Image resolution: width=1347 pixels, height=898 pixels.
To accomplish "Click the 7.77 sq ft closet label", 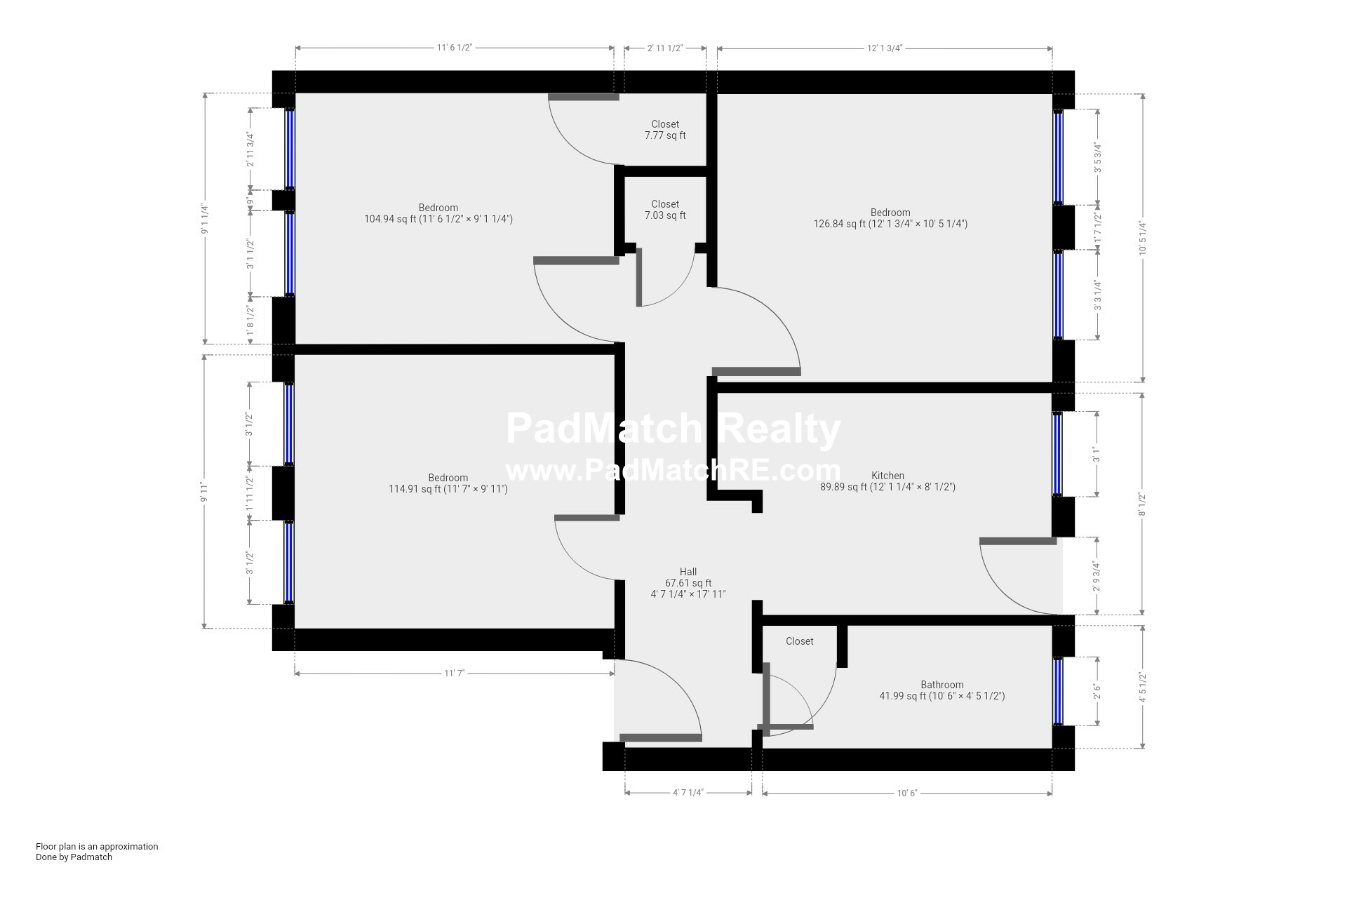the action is pos(665,130).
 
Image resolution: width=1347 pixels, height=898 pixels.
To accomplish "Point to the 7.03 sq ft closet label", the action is pos(665,210).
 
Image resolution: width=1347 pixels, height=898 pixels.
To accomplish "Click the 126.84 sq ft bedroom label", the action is pos(890,218).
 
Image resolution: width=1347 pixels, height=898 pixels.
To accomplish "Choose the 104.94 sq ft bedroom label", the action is pos(438,213).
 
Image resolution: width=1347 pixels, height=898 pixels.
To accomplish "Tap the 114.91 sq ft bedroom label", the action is pos(448,483).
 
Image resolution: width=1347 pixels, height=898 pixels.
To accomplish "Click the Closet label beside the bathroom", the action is pos(800,641).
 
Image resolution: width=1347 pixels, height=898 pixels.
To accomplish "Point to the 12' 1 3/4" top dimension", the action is pos(884,48).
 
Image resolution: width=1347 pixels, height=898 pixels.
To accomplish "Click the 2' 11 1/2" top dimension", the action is pos(665,48).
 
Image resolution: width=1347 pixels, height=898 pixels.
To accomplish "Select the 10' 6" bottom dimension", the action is pos(907,793).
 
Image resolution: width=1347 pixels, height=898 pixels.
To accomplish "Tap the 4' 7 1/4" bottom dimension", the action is pos(688,793).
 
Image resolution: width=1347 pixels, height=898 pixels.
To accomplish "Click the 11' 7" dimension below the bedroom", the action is pos(455,673).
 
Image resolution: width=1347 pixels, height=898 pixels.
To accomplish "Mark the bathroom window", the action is pos(1058,691).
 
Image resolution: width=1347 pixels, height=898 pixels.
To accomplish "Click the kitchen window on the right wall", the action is pos(1057,454).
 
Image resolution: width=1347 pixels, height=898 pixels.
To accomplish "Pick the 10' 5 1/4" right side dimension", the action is pos(1143,239).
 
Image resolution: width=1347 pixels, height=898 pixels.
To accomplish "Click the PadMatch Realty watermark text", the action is pos(673,428).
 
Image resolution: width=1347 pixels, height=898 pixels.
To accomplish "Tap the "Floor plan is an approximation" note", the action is pos(97,846).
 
